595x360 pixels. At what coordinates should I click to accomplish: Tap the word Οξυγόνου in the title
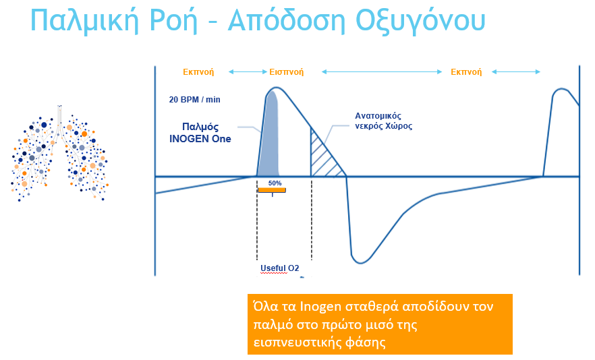420,21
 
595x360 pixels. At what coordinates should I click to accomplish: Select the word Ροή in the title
174,21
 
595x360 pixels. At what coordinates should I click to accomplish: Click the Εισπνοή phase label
287,72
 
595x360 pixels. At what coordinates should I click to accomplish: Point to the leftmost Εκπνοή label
198,72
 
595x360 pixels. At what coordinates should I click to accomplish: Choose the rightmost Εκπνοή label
466,72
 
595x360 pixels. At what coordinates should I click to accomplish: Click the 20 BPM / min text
195,99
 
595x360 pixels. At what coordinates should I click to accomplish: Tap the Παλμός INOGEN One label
200,132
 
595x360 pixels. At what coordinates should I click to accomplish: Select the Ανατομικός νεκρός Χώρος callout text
384,121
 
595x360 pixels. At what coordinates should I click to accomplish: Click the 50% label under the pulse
275,183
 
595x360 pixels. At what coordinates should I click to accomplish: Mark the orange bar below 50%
272,190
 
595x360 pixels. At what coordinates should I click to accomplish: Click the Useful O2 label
280,268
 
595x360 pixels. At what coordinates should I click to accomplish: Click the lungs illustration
59,153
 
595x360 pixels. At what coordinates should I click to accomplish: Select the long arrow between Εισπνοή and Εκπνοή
382,71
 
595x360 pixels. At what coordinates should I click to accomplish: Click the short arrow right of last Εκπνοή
515,71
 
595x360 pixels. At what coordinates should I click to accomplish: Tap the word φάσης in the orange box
366,342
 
